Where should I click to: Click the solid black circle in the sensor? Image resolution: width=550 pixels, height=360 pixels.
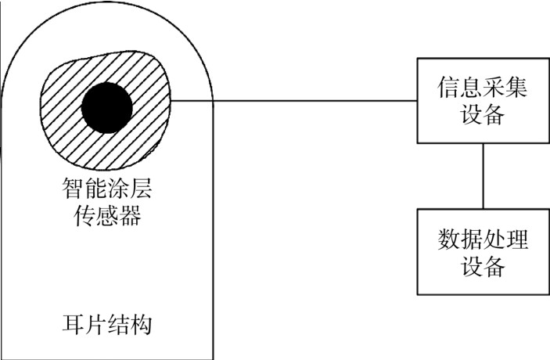click(x=107, y=108)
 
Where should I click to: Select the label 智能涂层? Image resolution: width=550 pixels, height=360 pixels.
click(x=107, y=188)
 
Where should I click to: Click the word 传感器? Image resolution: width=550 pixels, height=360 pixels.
click(x=107, y=215)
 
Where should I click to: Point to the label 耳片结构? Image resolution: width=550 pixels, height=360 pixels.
click(x=107, y=324)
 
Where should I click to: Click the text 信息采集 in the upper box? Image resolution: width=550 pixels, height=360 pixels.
click(x=483, y=87)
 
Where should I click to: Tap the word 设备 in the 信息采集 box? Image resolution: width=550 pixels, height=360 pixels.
click(x=483, y=114)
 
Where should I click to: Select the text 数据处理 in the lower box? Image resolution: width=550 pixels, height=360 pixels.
click(x=483, y=239)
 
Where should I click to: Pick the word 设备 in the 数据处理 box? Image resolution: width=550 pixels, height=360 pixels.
click(x=483, y=266)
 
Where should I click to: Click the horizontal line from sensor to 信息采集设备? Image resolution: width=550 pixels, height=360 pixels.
click(x=294, y=101)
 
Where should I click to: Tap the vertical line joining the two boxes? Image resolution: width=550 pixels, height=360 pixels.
click(x=483, y=176)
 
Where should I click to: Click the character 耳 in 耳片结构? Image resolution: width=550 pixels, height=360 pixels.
click(x=74, y=324)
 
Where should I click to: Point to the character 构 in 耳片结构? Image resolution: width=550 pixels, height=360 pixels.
click(x=141, y=324)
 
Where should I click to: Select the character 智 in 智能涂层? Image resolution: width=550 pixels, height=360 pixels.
click(x=74, y=188)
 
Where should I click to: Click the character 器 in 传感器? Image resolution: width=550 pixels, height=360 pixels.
click(x=130, y=215)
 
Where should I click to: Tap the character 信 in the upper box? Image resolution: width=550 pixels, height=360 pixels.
click(x=448, y=87)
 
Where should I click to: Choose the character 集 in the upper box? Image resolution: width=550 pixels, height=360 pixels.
click(x=516, y=87)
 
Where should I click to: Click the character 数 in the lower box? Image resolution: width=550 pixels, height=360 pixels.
click(x=448, y=239)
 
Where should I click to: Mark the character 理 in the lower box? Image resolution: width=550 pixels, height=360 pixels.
click(x=516, y=239)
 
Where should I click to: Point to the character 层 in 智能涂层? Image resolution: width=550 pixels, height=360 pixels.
click(x=141, y=188)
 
